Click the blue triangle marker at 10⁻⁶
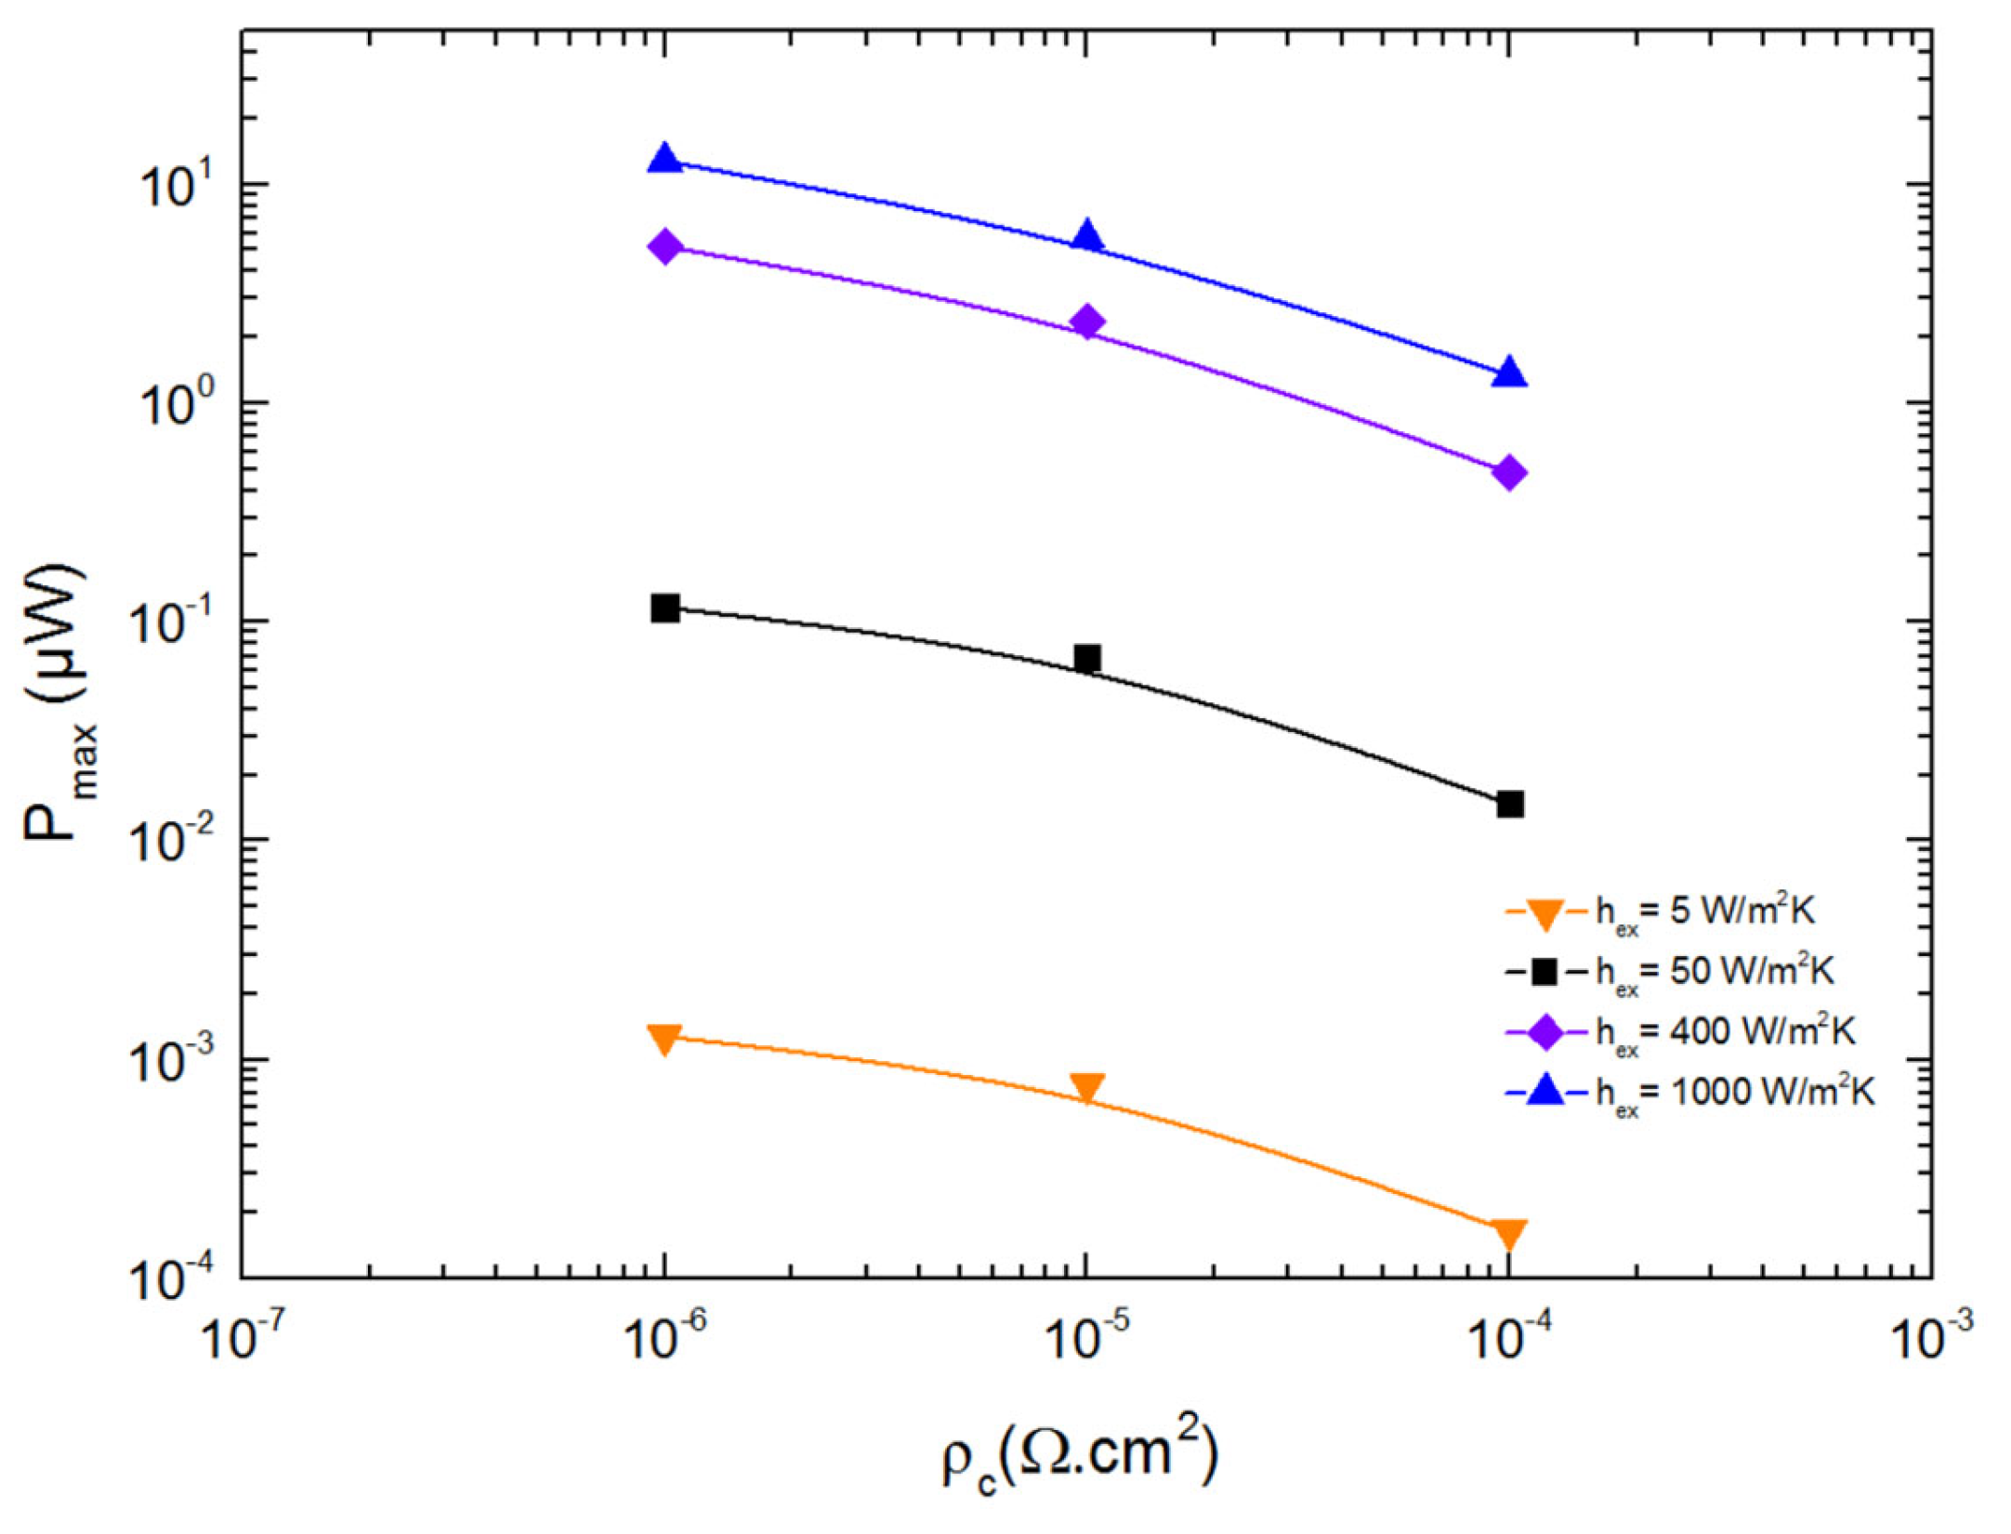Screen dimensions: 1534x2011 tap(664, 159)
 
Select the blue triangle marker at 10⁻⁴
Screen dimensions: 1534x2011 tap(1509, 373)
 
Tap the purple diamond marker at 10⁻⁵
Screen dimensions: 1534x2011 tap(1087, 321)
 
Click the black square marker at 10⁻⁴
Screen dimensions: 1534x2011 tap(1510, 804)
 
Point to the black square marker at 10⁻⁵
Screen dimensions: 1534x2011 tap(1087, 658)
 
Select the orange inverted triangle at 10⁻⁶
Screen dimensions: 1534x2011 tap(664, 1039)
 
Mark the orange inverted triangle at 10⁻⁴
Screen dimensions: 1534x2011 tap(1509, 1234)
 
